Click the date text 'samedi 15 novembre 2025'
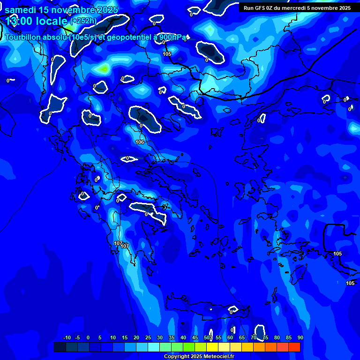tap(61, 10)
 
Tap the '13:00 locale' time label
tap(37, 21)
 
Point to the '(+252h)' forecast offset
tap(83, 21)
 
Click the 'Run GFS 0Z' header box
tap(297, 7)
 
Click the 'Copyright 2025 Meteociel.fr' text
tap(199, 356)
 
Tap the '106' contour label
tap(139, 142)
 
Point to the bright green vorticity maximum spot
tap(104, 68)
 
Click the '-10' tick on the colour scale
tap(67, 337)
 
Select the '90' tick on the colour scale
tap(300, 337)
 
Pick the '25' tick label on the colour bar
tap(148, 337)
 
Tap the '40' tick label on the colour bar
tap(183, 337)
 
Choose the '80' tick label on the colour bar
tap(277, 337)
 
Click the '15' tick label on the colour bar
tap(125, 337)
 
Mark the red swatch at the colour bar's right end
tap(294, 347)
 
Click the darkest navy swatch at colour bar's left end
tap(60, 347)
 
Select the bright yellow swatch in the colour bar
tap(212, 347)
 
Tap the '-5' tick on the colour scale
tap(78, 337)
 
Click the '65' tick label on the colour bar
tap(242, 337)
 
